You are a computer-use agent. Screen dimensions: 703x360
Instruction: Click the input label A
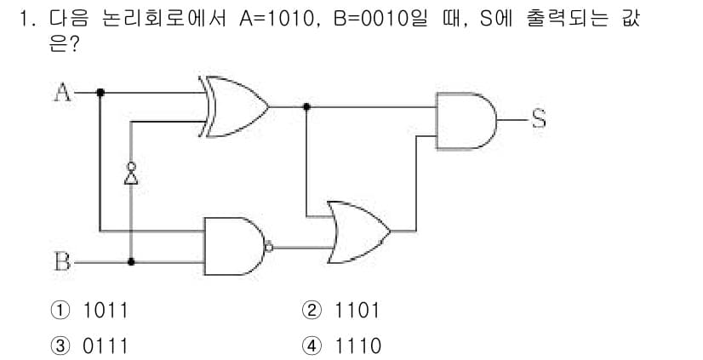(62, 93)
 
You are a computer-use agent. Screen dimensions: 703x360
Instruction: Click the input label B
(62, 262)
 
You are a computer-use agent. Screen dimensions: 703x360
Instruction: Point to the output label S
(539, 119)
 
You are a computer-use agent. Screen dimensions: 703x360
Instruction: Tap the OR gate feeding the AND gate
(358, 232)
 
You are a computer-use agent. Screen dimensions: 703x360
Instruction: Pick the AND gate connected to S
(466, 121)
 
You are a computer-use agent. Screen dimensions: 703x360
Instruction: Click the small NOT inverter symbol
(131, 174)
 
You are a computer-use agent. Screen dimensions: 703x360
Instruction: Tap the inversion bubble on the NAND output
(269, 247)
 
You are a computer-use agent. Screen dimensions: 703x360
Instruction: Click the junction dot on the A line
(100, 93)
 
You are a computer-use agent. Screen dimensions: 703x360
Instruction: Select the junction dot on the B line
(131, 262)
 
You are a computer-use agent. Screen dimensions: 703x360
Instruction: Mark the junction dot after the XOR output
(306, 106)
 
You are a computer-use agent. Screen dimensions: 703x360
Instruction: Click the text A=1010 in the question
(276, 20)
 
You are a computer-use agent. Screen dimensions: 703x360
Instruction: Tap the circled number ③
(60, 346)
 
